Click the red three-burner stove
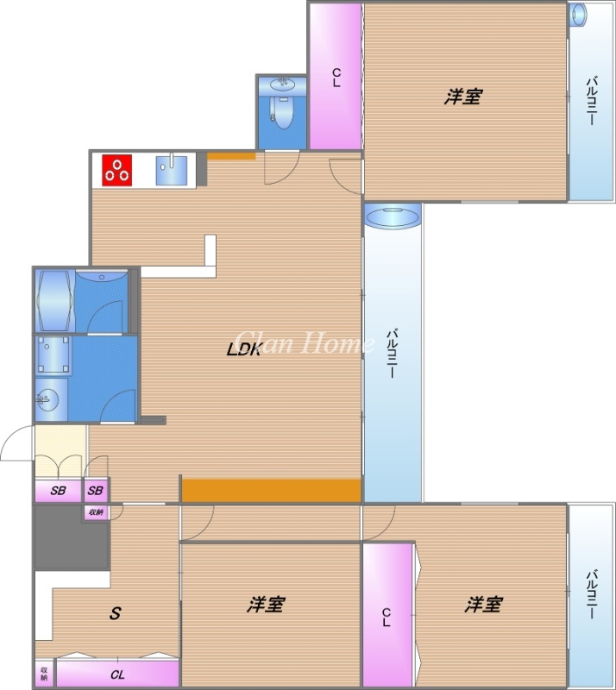point(117,170)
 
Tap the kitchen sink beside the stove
point(172,169)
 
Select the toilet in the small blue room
point(281,111)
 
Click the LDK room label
point(243,349)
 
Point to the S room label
point(114,614)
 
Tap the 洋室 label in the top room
point(462,97)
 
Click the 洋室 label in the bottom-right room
point(482,605)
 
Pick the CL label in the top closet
point(336,78)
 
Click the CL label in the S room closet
point(117,674)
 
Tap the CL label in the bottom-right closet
point(387,617)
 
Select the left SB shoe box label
point(59,491)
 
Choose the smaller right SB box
point(96,491)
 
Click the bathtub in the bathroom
point(53,300)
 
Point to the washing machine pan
point(53,357)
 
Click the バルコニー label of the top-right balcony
point(591,102)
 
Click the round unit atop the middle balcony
point(393,216)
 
